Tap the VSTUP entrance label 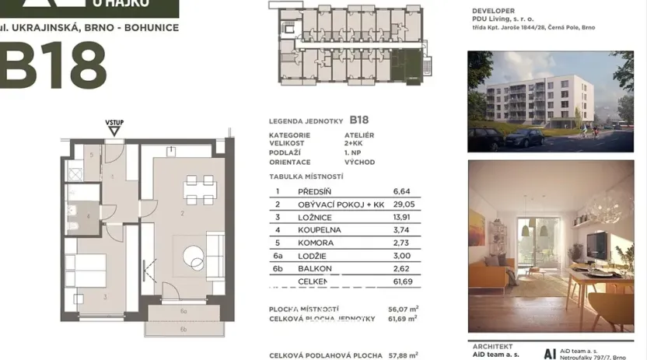click(x=114, y=123)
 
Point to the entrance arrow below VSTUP click(x=114, y=131)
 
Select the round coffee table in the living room click(x=194, y=254)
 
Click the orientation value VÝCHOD click(x=359, y=163)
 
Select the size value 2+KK click(x=354, y=144)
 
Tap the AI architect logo click(x=550, y=352)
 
